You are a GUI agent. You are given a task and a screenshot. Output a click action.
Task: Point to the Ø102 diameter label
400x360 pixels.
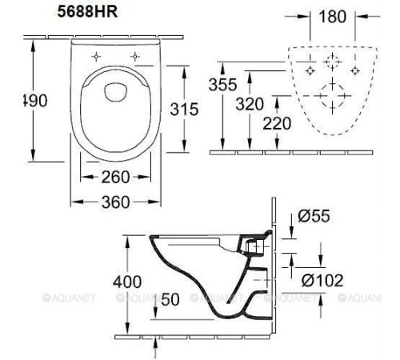(x=322, y=280)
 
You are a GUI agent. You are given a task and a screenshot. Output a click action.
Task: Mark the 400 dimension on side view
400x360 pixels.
(x=128, y=282)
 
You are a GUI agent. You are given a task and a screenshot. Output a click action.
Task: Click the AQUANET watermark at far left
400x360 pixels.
(x=19, y=298)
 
